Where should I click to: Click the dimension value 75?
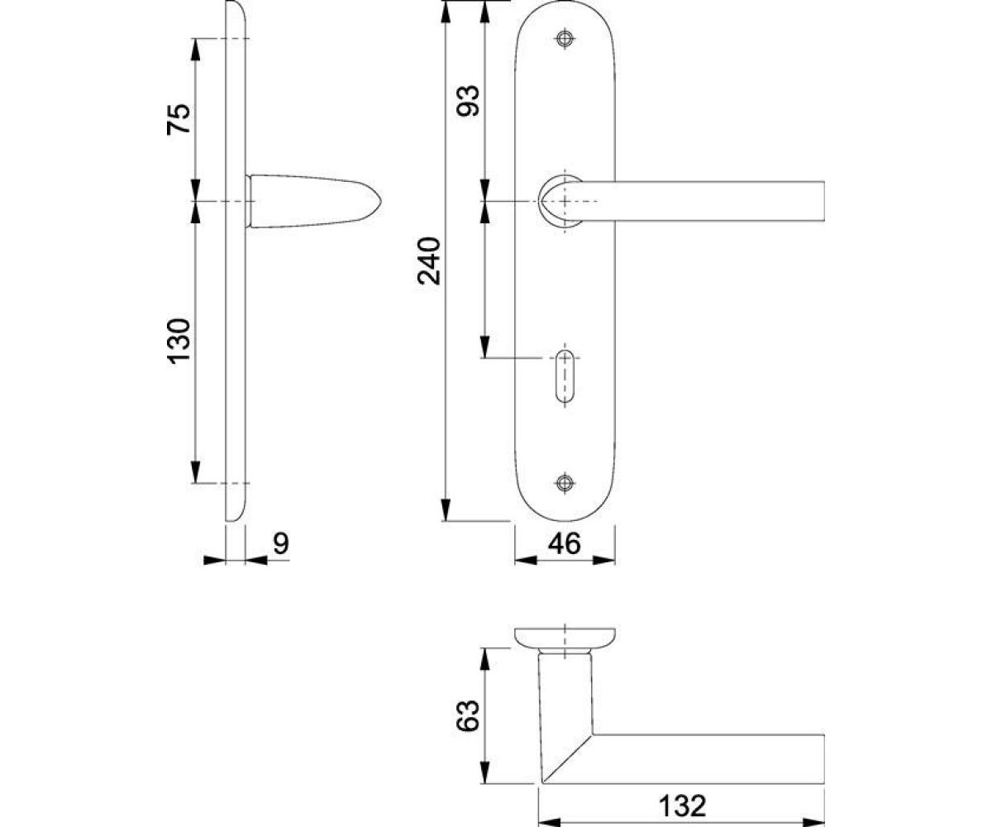(179, 119)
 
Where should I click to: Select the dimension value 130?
(179, 342)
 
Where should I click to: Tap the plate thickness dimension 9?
(281, 543)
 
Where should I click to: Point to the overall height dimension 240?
(429, 261)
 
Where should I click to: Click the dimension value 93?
(468, 100)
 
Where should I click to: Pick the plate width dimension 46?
(565, 543)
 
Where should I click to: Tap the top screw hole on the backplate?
(565, 39)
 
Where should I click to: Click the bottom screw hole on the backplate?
(565, 483)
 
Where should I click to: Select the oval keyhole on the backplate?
(565, 375)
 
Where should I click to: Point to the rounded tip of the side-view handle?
(380, 202)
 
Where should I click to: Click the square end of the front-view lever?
(823, 201)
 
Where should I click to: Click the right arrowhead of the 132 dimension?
(813, 822)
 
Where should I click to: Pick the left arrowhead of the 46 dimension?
(526, 561)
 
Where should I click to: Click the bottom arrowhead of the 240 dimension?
(446, 510)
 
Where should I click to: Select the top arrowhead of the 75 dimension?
(195, 50)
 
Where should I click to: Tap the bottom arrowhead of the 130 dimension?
(195, 472)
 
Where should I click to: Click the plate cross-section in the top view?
(565, 638)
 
